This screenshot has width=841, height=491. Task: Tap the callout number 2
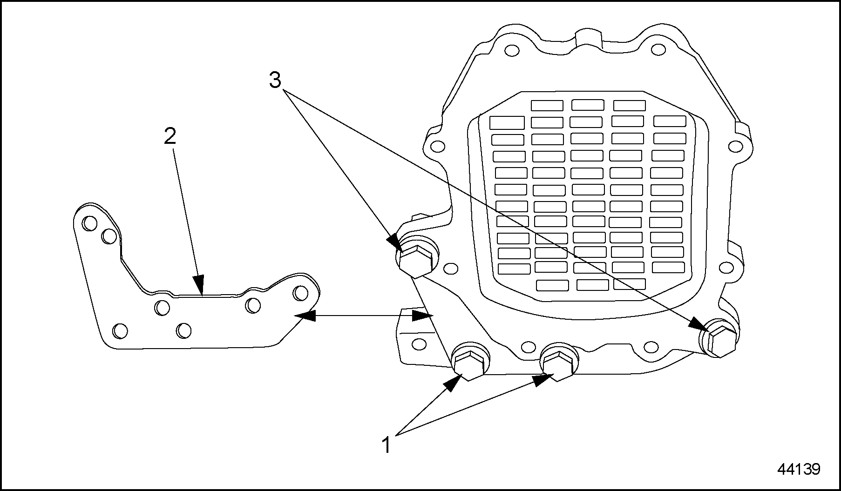170,136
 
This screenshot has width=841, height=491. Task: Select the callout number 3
275,81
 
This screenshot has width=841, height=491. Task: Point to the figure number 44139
799,469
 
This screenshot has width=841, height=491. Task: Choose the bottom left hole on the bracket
120,331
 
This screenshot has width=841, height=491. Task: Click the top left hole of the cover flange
511,50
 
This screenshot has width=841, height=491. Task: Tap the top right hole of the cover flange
658,50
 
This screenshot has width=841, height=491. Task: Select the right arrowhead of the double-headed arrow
422,316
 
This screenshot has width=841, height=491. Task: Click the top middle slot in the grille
588,105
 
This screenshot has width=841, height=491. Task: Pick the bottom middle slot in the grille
592,285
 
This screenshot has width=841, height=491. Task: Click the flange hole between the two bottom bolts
528,347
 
